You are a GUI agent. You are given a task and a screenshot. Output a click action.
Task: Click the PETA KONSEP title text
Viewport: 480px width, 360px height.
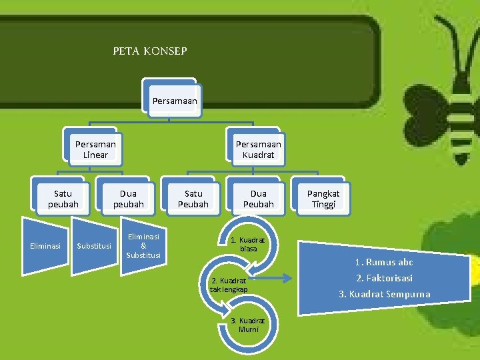click(x=150, y=51)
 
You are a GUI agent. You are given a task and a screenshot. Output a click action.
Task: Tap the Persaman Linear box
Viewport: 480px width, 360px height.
click(x=95, y=149)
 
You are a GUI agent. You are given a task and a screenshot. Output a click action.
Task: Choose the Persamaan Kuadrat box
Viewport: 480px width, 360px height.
click(x=258, y=149)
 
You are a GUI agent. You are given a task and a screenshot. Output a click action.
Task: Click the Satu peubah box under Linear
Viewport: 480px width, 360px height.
click(x=63, y=198)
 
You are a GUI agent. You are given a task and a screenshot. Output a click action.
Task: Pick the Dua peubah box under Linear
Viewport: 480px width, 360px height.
click(x=128, y=198)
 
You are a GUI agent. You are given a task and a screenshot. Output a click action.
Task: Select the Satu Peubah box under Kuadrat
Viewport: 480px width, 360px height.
click(x=193, y=198)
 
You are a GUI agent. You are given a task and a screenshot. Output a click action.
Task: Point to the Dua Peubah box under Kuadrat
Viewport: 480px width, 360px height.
click(x=258, y=198)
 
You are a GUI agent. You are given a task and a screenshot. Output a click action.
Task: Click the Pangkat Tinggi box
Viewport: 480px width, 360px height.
click(x=323, y=198)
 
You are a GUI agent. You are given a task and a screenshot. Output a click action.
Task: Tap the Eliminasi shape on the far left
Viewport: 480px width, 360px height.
click(x=45, y=246)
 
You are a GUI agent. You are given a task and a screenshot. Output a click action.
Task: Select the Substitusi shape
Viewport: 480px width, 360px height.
click(x=94, y=246)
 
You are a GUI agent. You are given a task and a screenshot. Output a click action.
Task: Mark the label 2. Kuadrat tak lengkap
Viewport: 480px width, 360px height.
click(x=229, y=285)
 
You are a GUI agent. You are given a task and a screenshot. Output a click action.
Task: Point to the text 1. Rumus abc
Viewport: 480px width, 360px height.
click(x=384, y=262)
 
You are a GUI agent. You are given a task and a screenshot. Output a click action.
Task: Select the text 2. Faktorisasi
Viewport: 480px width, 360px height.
click(x=384, y=278)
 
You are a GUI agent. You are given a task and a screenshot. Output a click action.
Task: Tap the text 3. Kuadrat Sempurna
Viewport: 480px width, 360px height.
click(x=384, y=294)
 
